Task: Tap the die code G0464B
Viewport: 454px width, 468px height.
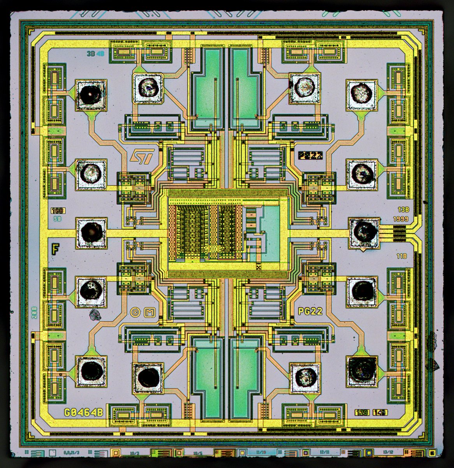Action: pyautogui.click(x=84, y=412)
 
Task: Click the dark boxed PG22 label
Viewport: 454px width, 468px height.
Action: pyautogui.click(x=310, y=156)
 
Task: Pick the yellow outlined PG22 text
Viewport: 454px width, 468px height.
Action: pyautogui.click(x=310, y=311)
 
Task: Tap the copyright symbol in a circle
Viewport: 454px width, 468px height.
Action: pyautogui.click(x=135, y=312)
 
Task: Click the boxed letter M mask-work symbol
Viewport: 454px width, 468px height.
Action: pyautogui.click(x=148, y=312)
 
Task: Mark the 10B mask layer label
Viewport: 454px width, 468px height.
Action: pyautogui.click(x=58, y=211)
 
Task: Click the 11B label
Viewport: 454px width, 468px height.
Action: pyautogui.click(x=401, y=256)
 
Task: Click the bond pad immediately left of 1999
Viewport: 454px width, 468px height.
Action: pyautogui.click(x=363, y=233)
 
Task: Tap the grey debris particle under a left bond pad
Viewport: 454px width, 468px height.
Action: pyautogui.click(x=95, y=315)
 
